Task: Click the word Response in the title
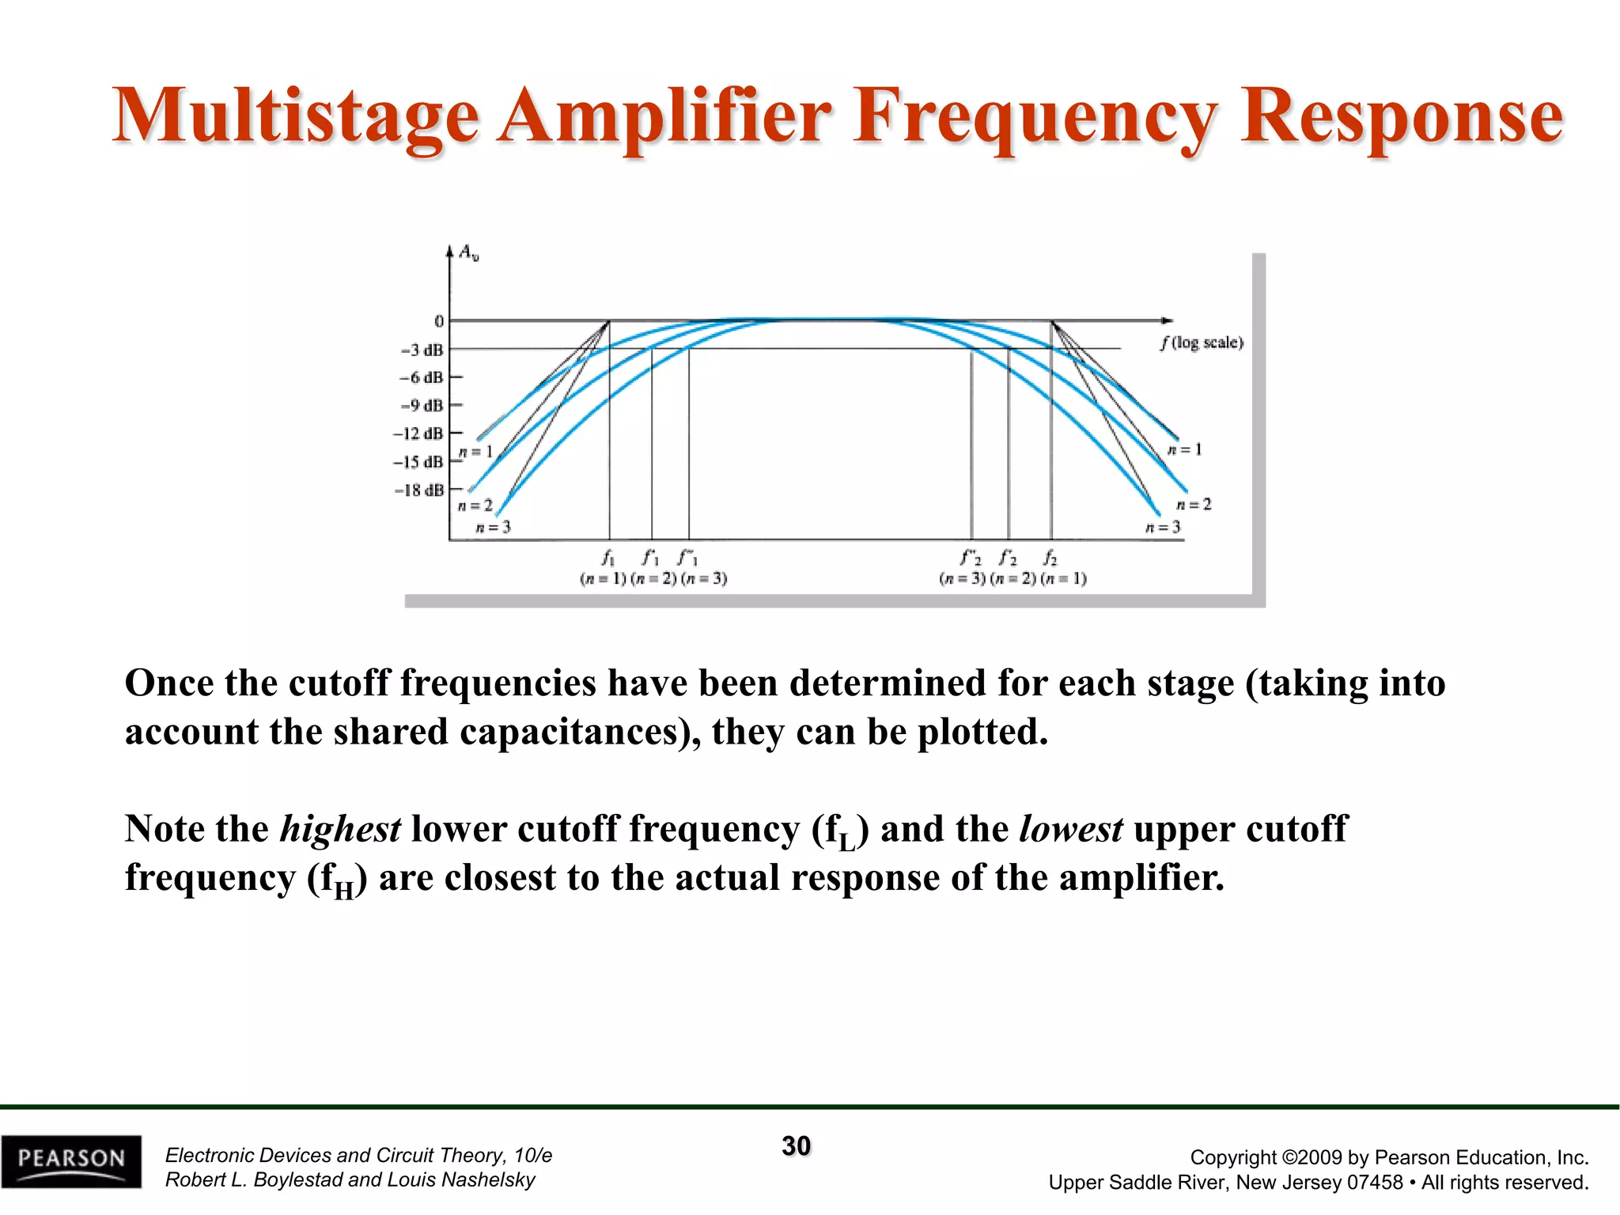point(1401,117)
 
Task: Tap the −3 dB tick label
point(422,350)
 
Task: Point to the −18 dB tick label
point(419,490)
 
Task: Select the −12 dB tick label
point(418,433)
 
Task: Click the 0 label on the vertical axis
point(439,321)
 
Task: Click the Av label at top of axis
point(469,253)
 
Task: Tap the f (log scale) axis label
point(1202,343)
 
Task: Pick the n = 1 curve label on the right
point(1184,449)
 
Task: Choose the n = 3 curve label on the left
point(493,527)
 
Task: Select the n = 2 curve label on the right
point(1194,504)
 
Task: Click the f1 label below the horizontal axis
point(607,558)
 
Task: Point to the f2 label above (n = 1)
point(1050,558)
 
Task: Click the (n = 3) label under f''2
point(963,578)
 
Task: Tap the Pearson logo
point(71,1160)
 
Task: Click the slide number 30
point(797,1146)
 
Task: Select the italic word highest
point(341,829)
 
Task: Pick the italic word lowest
point(1071,829)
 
